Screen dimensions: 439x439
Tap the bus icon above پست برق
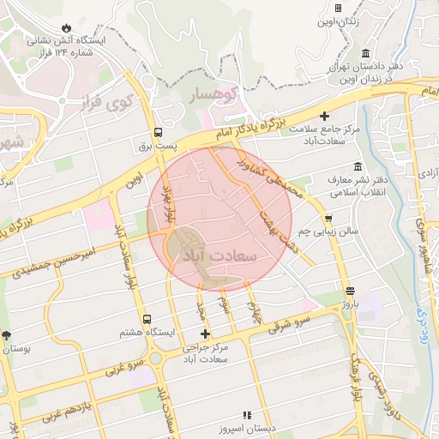tap(158, 133)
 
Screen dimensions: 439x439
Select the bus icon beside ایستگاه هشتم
tap(147, 319)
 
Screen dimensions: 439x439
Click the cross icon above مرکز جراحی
tap(204, 334)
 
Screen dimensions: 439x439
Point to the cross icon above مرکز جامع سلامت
tap(324, 116)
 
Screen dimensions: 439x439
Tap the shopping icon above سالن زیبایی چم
tap(328, 219)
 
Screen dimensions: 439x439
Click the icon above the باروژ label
tap(349, 290)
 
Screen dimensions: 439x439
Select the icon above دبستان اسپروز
tap(247, 415)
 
